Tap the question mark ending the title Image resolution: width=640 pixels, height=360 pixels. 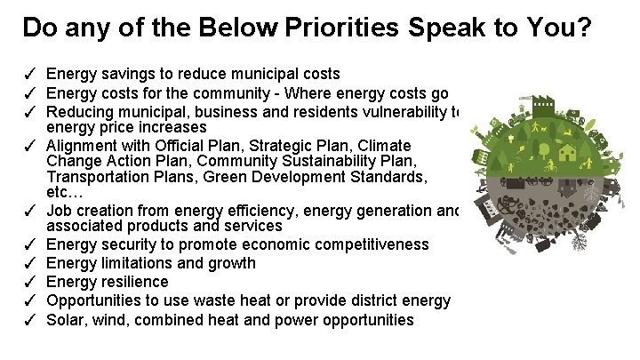583,28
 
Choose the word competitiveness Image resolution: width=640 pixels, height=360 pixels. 373,244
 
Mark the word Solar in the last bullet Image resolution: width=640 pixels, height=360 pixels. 65,320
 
